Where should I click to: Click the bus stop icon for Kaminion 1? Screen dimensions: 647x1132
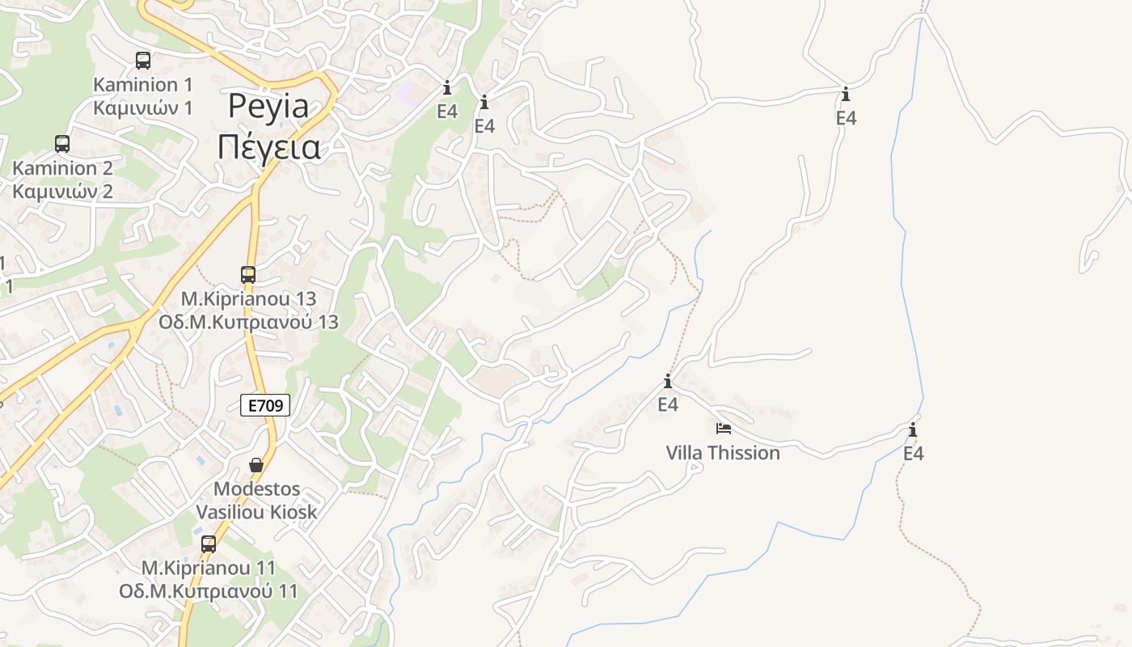click(x=143, y=60)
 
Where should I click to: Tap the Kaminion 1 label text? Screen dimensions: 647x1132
click(x=143, y=84)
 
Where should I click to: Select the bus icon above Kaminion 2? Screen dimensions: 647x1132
click(x=62, y=144)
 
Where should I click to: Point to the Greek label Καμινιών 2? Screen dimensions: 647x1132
click(x=62, y=192)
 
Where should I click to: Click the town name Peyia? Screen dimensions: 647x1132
click(x=268, y=106)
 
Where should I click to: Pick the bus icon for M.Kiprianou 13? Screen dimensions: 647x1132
click(x=248, y=274)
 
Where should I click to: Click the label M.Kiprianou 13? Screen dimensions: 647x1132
click(x=248, y=298)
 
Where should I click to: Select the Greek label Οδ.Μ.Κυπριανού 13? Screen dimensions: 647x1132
click(x=248, y=322)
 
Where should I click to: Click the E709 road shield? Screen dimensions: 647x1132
click(x=265, y=405)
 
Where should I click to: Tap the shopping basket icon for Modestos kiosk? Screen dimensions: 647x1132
click(x=256, y=465)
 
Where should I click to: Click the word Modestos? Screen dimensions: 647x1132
click(x=256, y=488)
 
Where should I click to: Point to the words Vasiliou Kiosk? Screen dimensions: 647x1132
click(x=256, y=512)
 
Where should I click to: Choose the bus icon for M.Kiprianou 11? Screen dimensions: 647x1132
click(x=209, y=543)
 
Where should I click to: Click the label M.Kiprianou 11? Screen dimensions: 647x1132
click(x=209, y=568)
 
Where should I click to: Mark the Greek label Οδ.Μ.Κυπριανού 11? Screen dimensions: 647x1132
click(x=209, y=591)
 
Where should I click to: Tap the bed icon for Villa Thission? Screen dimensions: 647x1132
click(x=723, y=429)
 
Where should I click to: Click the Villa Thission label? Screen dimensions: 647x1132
click(x=723, y=453)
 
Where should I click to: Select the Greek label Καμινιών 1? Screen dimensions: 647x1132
click(x=143, y=108)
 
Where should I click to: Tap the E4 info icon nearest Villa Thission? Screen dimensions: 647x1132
click(x=668, y=382)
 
